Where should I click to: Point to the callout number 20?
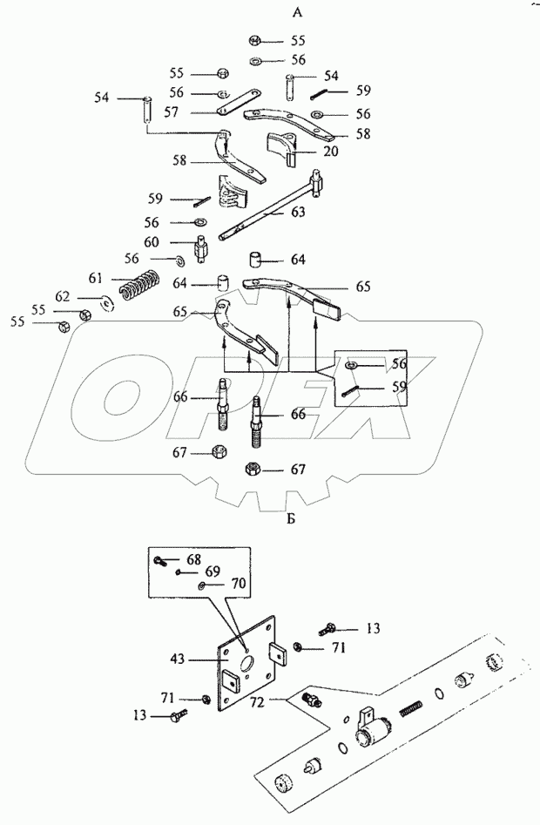307,151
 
